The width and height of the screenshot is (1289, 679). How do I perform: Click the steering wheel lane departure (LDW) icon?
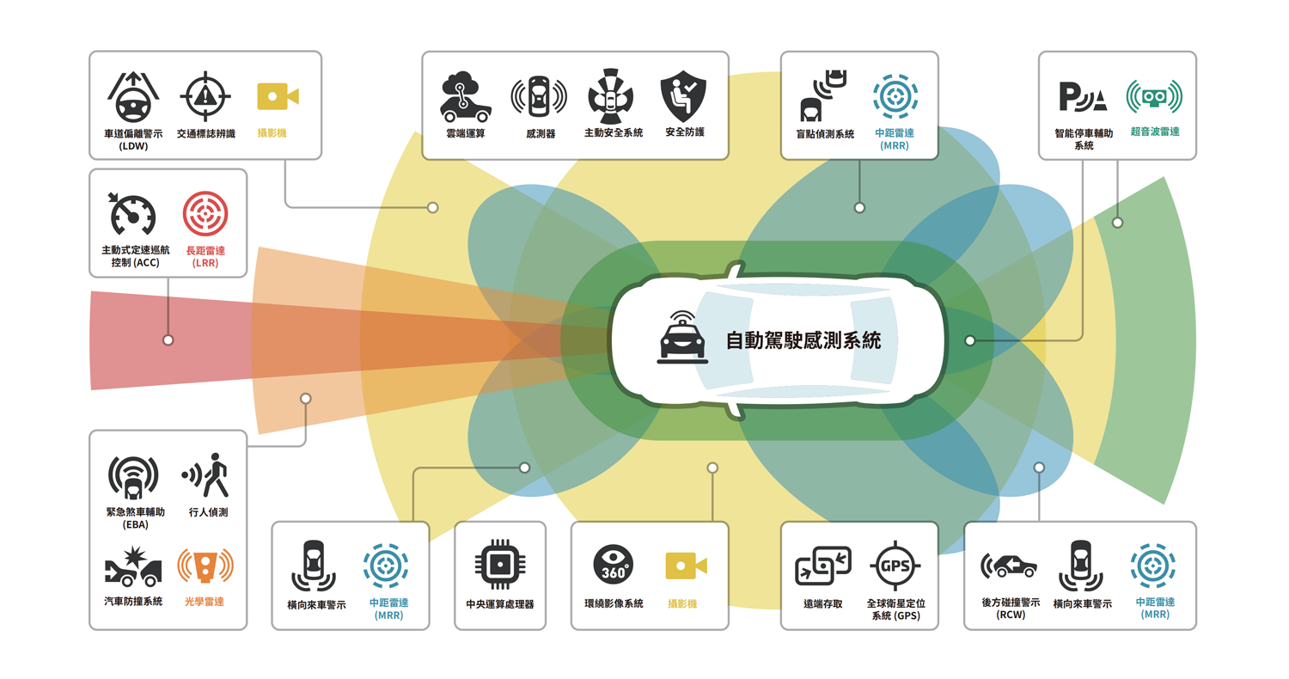pyautogui.click(x=132, y=96)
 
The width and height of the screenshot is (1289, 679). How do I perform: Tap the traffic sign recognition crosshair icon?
pyautogui.click(x=205, y=96)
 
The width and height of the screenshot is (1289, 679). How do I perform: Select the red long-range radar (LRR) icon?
pyautogui.click(x=205, y=214)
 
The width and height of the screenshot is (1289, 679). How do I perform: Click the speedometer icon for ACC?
pyautogui.click(x=132, y=214)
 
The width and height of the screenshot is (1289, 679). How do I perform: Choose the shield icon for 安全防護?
pyautogui.click(x=683, y=95)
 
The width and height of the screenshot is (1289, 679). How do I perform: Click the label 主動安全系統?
pyautogui.click(x=614, y=133)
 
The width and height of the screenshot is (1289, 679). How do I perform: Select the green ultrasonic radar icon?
pyautogui.click(x=1154, y=96)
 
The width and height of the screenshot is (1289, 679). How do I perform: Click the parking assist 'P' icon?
pyautogui.click(x=1082, y=97)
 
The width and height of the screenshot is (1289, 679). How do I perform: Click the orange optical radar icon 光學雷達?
pyautogui.click(x=205, y=565)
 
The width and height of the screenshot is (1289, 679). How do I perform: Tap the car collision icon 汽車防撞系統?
pyautogui.click(x=132, y=566)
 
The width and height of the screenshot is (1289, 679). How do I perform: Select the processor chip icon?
pyautogui.click(x=499, y=565)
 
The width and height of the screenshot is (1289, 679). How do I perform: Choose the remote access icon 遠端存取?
pyautogui.click(x=822, y=565)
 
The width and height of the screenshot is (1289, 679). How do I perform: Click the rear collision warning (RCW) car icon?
pyautogui.click(x=1009, y=565)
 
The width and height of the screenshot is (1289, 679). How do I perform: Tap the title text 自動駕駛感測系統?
pyautogui.click(x=803, y=340)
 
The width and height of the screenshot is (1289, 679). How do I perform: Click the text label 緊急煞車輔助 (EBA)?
pyautogui.click(x=132, y=517)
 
